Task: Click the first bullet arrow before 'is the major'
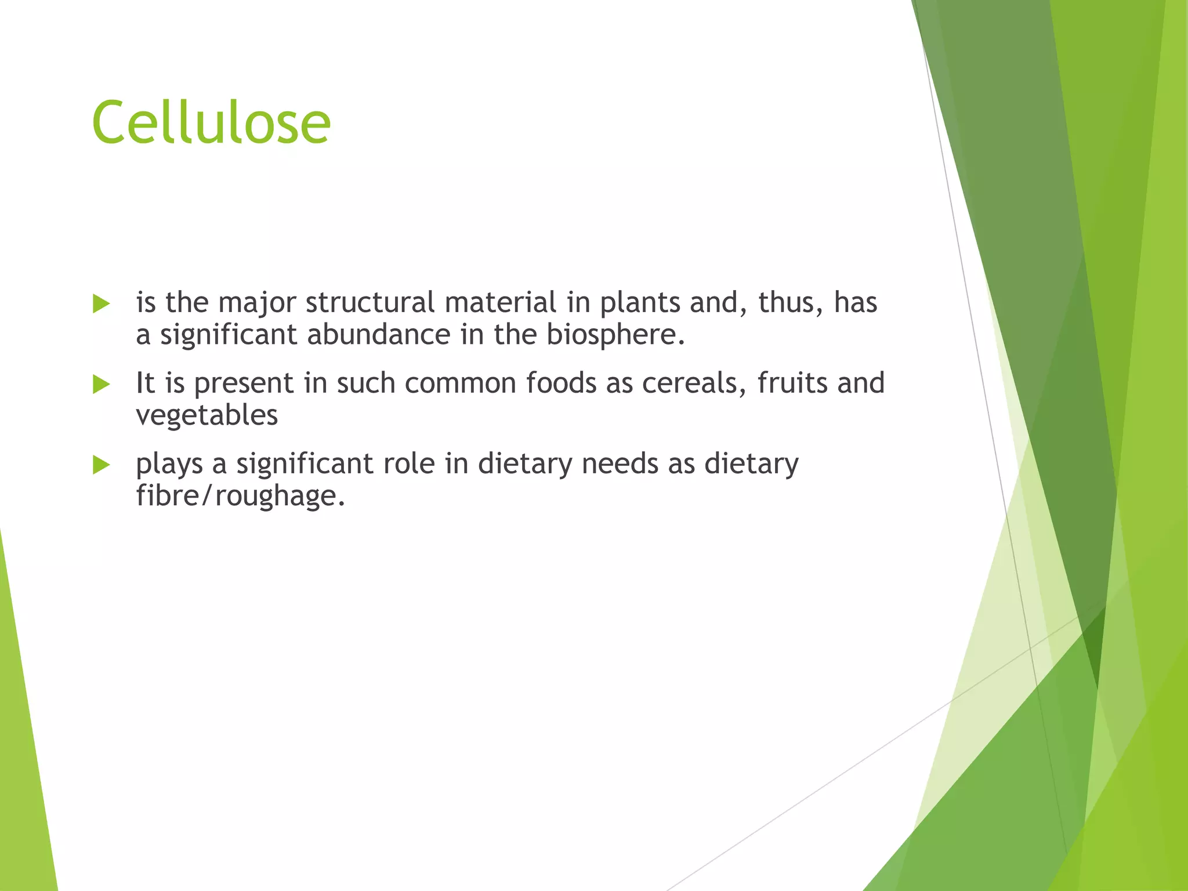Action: tap(101, 303)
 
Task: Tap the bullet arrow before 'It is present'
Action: tap(101, 384)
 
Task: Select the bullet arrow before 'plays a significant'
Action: tap(101, 465)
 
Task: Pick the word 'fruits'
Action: tap(791, 383)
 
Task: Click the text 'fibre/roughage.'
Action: tap(240, 497)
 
